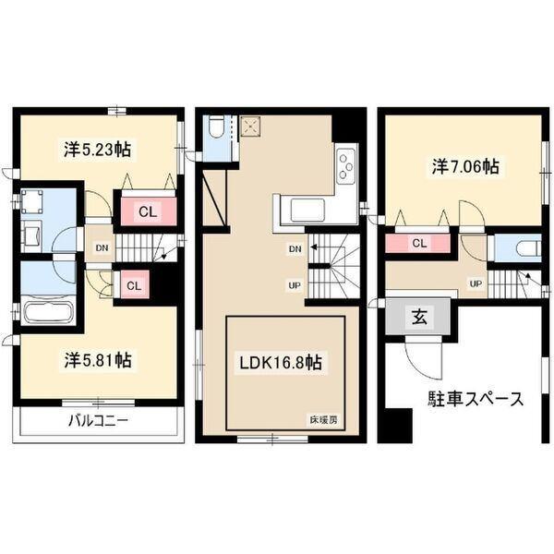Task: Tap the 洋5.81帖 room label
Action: click(x=98, y=359)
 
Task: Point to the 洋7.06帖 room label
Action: click(x=464, y=167)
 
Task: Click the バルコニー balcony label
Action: click(x=98, y=422)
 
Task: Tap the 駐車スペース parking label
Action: click(x=476, y=399)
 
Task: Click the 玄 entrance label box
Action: click(x=417, y=318)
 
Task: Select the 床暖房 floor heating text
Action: click(x=323, y=421)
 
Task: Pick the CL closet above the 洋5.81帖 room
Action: click(x=134, y=285)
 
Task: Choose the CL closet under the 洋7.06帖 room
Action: click(x=418, y=244)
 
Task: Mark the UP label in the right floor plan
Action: click(x=476, y=283)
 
